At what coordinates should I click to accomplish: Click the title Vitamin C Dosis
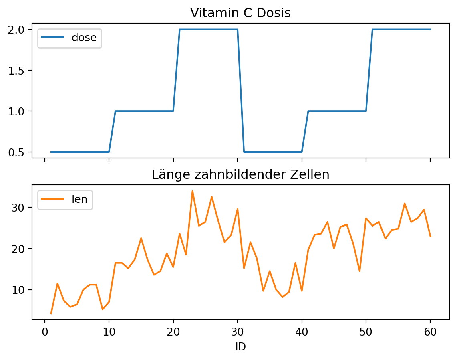click(240, 13)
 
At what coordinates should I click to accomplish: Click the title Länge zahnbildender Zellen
click(240, 175)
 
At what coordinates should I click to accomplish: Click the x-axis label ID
click(240, 347)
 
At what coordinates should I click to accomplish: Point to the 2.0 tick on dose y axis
click(18, 30)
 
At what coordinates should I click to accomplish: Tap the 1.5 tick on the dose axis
click(18, 71)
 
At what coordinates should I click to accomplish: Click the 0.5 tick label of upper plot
click(18, 152)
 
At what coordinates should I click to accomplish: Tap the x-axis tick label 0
click(45, 332)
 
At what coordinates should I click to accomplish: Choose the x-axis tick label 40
click(302, 332)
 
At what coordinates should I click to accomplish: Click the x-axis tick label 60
click(430, 332)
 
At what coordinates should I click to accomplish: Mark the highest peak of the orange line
click(192, 191)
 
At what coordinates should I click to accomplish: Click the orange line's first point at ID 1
click(51, 313)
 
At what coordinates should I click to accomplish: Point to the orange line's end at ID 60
click(430, 236)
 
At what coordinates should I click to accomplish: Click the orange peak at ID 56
click(405, 204)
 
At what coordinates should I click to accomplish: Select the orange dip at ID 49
click(360, 271)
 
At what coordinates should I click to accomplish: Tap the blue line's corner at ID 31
click(244, 152)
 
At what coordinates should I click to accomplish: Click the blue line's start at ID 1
click(51, 152)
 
